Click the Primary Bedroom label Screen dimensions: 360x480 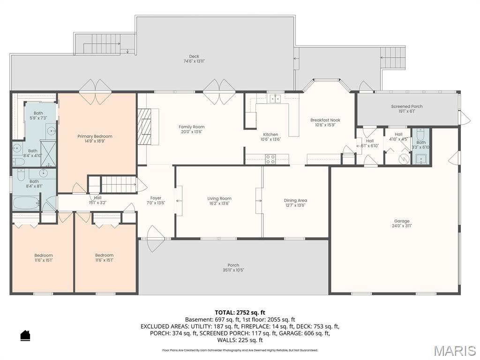pyautogui.click(x=95, y=136)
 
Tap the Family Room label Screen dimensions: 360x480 pyautogui.click(x=191, y=127)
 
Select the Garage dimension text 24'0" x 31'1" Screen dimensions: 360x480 pyautogui.click(x=402, y=226)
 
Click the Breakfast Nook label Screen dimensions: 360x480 pyautogui.click(x=325, y=120)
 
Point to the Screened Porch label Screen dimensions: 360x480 pyautogui.click(x=407, y=106)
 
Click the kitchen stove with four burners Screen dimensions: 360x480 pyautogui.click(x=270, y=159)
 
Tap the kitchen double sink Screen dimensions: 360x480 pyautogui.click(x=275, y=98)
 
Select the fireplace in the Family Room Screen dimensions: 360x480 pyautogui.click(x=145, y=127)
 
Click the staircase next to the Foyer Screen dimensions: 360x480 pyautogui.click(x=118, y=184)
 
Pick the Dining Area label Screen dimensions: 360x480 pyautogui.click(x=295, y=200)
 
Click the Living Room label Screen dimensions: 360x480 pyautogui.click(x=219, y=198)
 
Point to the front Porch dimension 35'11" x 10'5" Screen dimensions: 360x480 pyautogui.click(x=233, y=270)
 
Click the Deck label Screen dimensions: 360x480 pyautogui.click(x=194, y=56)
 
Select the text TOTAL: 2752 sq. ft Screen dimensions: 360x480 pyautogui.click(x=240, y=312)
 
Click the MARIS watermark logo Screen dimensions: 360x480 pyautogui.click(x=455, y=350)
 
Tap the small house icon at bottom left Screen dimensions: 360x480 pyautogui.click(x=25, y=335)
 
